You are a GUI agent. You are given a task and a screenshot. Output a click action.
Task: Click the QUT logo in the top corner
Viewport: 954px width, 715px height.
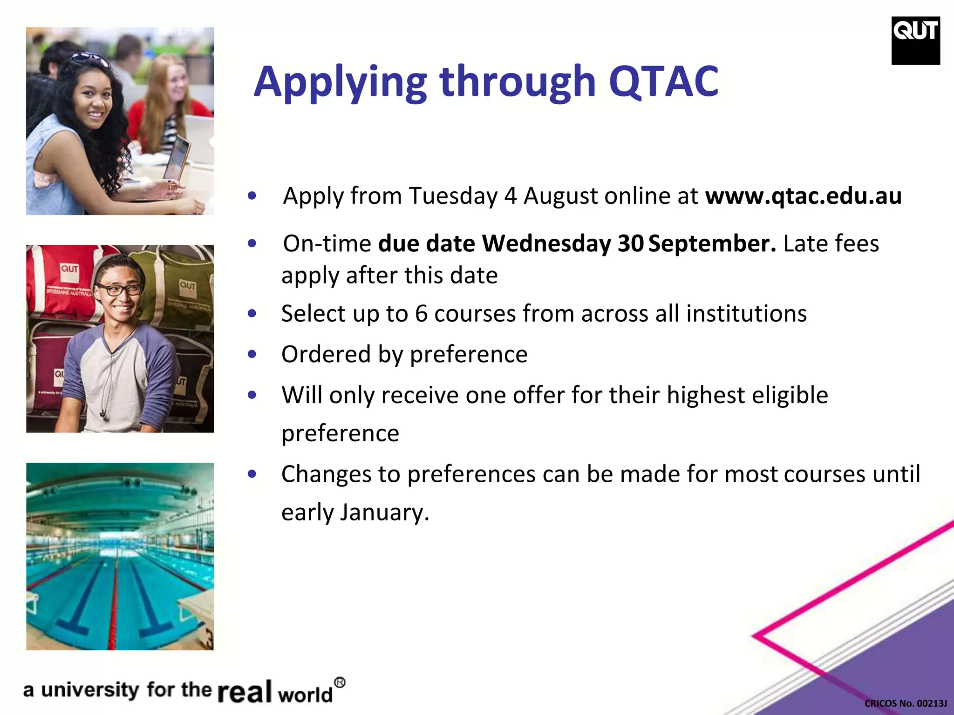click(915, 40)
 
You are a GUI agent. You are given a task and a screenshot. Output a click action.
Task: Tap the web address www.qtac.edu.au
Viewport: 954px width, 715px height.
click(803, 196)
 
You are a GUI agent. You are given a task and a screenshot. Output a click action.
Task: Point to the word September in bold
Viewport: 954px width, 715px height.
click(712, 243)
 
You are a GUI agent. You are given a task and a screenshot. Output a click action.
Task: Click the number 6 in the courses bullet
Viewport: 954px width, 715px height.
click(421, 313)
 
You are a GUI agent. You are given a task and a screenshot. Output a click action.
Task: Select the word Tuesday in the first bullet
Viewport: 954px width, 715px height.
click(453, 196)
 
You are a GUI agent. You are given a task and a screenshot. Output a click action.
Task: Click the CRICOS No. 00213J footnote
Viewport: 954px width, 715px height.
click(906, 703)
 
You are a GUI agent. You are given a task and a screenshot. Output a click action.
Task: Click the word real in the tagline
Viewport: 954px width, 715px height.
click(245, 691)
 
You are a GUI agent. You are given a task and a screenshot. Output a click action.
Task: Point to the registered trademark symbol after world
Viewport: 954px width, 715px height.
click(340, 683)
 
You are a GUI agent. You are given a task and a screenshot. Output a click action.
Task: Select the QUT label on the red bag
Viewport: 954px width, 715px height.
click(70, 269)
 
